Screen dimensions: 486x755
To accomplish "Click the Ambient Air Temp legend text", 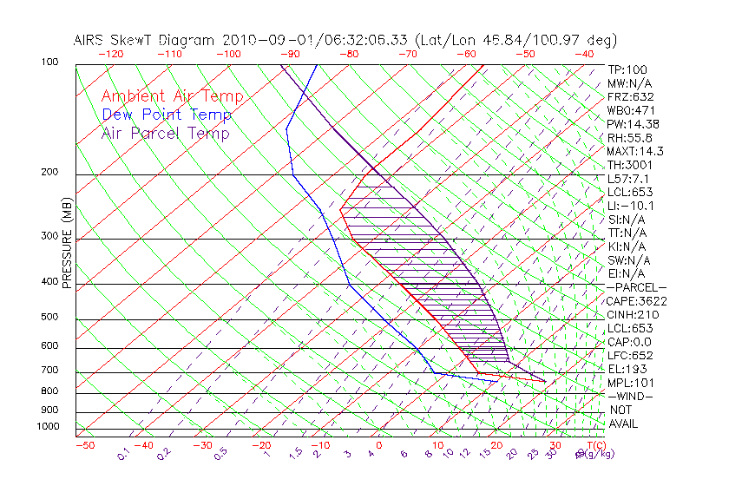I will (x=173, y=96).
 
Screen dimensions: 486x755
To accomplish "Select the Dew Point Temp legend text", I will (x=167, y=115).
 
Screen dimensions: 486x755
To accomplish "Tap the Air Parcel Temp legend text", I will (x=166, y=133).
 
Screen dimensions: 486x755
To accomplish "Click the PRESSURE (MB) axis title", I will (x=67, y=242).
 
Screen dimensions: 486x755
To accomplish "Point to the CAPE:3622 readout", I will (x=638, y=301).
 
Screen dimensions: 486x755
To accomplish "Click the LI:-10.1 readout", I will (x=631, y=206).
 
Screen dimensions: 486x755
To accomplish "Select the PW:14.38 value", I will (x=633, y=124).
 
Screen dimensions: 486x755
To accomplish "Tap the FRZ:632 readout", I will (x=631, y=97).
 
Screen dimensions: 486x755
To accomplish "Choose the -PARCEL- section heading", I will (x=637, y=287).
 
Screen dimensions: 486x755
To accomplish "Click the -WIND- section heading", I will (x=631, y=396).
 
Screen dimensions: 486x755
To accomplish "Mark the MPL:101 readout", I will (x=631, y=383).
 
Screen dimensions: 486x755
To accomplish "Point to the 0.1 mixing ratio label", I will (x=122, y=455).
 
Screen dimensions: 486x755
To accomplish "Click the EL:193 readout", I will (x=628, y=369).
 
